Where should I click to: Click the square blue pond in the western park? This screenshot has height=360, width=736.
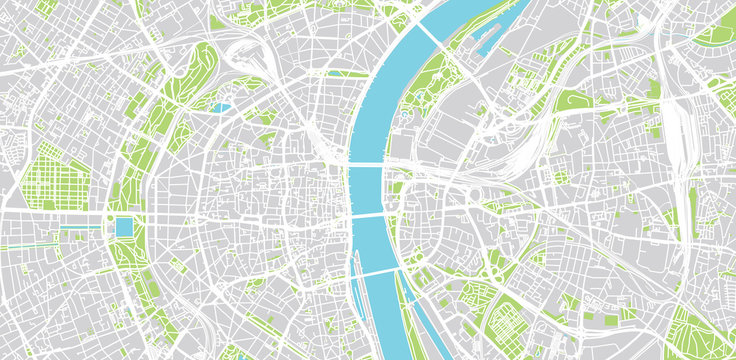[124, 227]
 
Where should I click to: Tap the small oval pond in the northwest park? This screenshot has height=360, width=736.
[221, 105]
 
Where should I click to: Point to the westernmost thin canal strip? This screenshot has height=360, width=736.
[20, 245]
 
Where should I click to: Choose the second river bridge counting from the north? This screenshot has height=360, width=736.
[368, 163]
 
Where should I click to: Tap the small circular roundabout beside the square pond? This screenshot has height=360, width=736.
[109, 219]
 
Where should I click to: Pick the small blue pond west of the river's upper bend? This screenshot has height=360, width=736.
[335, 73]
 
